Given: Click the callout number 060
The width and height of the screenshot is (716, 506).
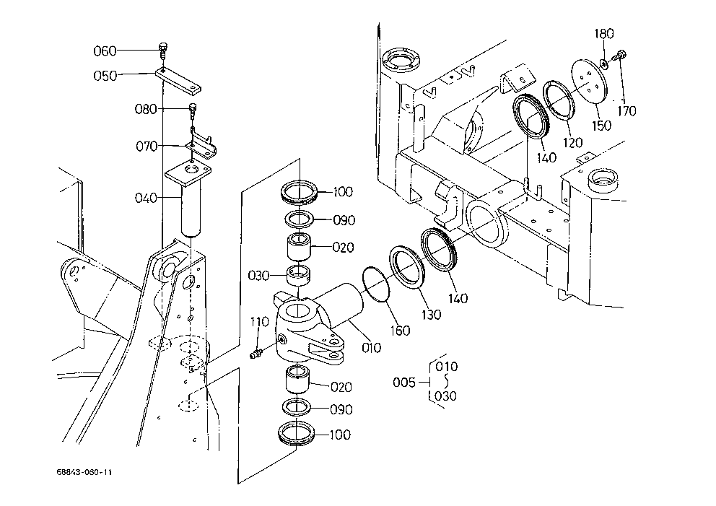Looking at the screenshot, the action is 105,51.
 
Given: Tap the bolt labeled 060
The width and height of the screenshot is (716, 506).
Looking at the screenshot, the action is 163,51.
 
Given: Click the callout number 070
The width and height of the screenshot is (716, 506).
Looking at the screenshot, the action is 147,146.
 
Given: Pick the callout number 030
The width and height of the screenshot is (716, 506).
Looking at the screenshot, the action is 258,276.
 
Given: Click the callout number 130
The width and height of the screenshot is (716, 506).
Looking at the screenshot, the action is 431,314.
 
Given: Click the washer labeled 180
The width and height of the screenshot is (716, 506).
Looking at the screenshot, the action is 604,62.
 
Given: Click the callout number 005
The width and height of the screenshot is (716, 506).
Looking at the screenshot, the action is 404,382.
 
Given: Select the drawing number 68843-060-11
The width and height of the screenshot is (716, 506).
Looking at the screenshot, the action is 84,472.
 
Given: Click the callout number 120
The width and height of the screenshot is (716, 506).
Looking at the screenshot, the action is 572,142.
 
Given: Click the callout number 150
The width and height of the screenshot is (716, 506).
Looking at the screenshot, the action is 601,125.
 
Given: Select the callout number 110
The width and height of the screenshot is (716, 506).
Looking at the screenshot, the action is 259,322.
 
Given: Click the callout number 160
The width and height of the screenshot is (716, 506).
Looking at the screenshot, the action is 401,330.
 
